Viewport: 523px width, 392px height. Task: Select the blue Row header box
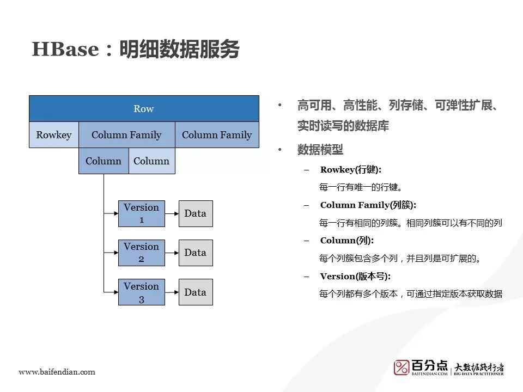coord(144,108)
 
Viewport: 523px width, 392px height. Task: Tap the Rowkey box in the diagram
coord(53,135)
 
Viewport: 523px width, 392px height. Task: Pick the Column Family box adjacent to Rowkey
coord(126,135)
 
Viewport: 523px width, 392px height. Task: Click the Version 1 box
coord(141,213)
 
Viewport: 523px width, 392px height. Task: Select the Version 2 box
coord(141,253)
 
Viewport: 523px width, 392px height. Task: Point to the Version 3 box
coord(141,292)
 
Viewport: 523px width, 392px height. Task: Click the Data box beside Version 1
coord(195,213)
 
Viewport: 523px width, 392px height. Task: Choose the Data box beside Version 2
coord(195,253)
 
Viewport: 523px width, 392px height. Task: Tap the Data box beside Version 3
coord(195,292)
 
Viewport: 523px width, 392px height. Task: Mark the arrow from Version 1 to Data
coord(172,213)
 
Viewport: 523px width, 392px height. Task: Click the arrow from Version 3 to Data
coord(172,292)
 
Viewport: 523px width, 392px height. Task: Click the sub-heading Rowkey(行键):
coord(351,170)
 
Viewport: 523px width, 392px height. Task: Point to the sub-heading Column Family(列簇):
coord(368,205)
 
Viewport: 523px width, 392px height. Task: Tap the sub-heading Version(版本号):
coord(355,276)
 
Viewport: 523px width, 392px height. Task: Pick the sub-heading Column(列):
coord(346,241)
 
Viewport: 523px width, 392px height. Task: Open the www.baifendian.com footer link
coord(57,372)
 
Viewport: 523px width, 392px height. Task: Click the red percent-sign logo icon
coord(402,367)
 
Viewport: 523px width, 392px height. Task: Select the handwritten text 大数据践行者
coord(479,366)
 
